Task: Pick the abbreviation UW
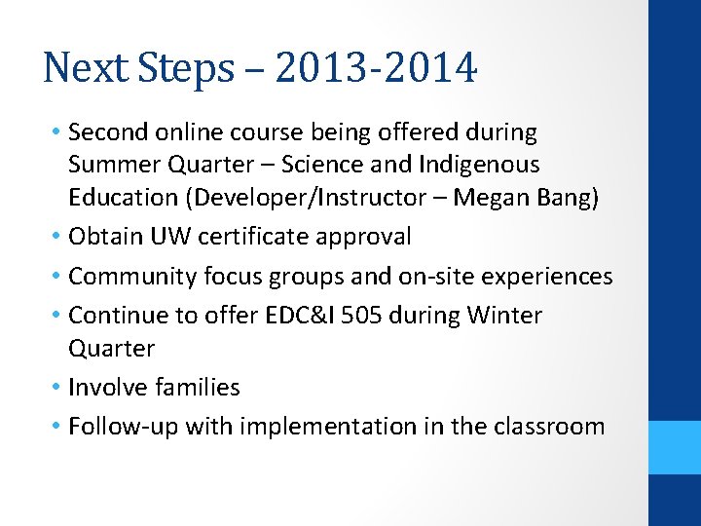tap(166, 237)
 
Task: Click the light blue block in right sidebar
tap(675, 447)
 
